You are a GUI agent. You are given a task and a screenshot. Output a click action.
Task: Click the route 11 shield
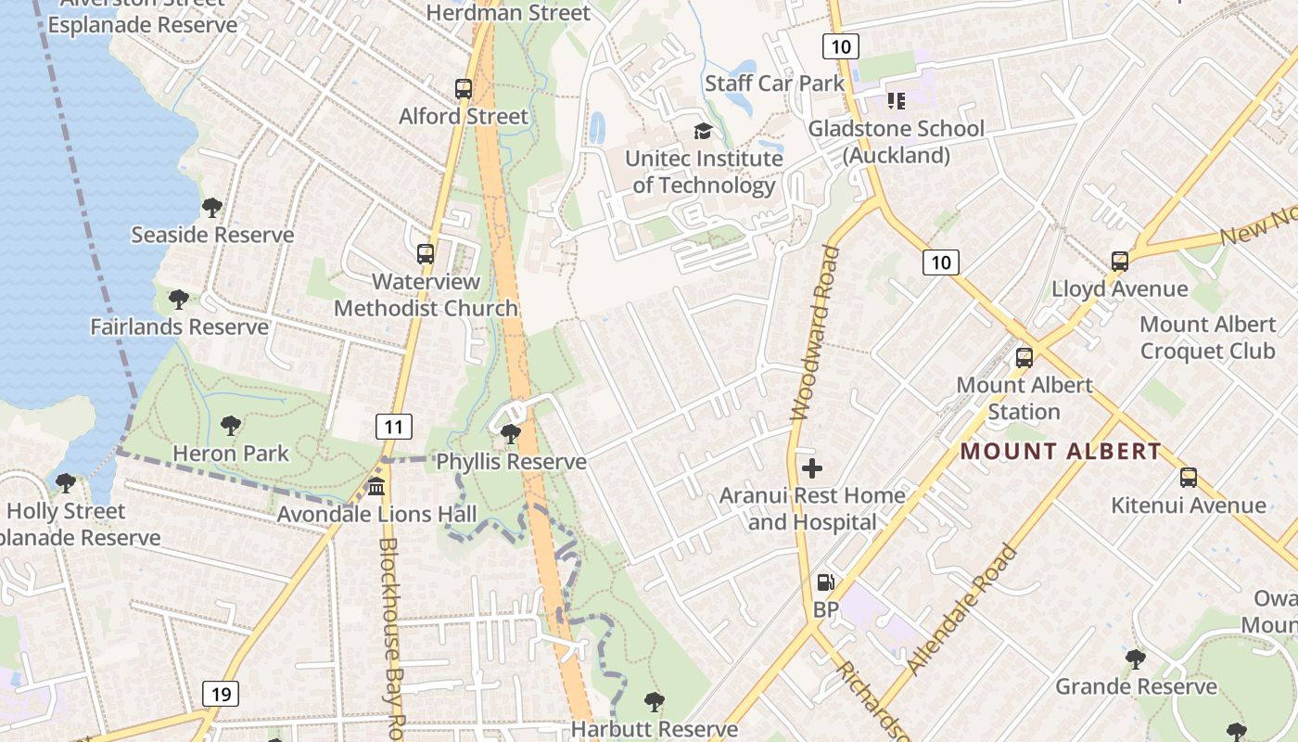[x=394, y=427]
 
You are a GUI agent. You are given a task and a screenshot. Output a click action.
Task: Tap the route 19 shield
[x=221, y=693]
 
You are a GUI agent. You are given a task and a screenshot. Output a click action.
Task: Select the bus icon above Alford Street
[x=464, y=89]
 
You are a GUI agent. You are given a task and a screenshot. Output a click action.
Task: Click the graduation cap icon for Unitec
[x=703, y=131]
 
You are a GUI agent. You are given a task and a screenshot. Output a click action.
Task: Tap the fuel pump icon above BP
[x=824, y=582]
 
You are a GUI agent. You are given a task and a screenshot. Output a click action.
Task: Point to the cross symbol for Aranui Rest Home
[x=812, y=468]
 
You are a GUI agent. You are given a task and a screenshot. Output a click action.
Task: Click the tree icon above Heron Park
[x=231, y=426]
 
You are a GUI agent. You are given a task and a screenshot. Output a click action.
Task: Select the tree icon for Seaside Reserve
[x=212, y=207]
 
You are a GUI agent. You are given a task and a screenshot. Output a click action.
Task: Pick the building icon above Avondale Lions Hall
[x=376, y=486]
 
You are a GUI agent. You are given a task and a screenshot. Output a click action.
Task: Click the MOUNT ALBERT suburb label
[x=1060, y=452]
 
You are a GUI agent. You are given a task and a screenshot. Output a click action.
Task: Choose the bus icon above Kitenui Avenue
[x=1189, y=478]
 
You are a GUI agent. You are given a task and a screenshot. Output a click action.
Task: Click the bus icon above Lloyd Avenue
[x=1120, y=262]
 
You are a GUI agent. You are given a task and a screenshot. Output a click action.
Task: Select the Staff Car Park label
[x=775, y=83]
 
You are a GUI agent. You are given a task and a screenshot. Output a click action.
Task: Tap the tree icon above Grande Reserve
[x=1136, y=659]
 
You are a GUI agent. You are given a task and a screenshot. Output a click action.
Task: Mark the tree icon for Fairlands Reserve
[x=179, y=300]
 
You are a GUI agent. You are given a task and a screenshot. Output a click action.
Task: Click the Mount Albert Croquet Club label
[x=1207, y=338]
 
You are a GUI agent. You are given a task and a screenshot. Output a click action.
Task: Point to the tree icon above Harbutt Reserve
[x=655, y=701]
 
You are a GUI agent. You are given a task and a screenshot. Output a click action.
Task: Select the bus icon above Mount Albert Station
[x=1024, y=357]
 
